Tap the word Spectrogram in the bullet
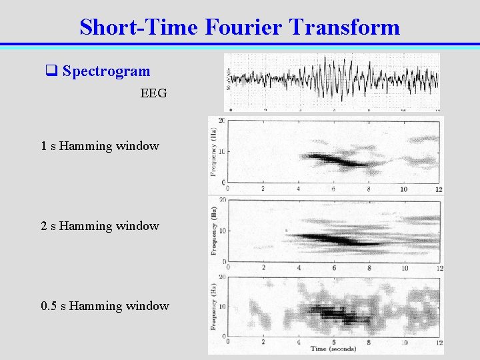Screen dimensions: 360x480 pos(106,71)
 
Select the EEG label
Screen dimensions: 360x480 pos(153,93)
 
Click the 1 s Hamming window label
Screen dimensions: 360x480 pos(100,145)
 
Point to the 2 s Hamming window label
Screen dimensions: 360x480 pos(100,225)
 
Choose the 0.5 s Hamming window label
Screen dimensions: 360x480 pos(105,305)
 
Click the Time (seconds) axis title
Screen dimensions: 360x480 pos(334,349)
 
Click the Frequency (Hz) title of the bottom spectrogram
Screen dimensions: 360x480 pos(213,309)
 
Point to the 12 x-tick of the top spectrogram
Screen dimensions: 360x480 pos(439,189)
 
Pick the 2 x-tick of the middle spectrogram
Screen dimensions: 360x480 pos(263,268)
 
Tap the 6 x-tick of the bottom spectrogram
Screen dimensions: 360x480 pos(334,342)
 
